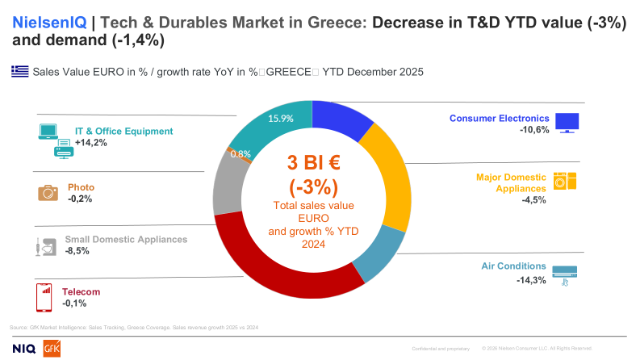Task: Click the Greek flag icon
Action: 19,72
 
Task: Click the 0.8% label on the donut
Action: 240,153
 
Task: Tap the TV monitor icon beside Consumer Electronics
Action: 568,123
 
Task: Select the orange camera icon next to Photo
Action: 48,192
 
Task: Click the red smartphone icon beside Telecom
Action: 45,297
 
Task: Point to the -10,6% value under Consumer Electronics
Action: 534,129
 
